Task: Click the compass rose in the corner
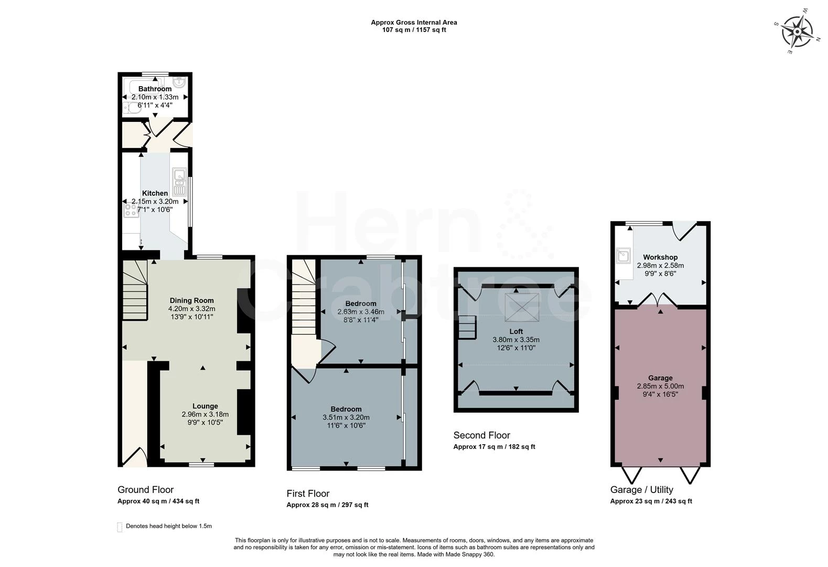(x=797, y=32)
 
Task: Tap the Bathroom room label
(x=155, y=89)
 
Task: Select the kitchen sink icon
(x=179, y=182)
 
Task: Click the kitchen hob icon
(x=130, y=211)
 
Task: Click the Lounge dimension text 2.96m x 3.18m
(x=205, y=414)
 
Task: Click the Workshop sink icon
(x=623, y=256)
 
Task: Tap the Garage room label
(x=660, y=378)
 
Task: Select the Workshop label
(x=660, y=257)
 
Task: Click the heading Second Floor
(x=481, y=435)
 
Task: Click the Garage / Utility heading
(x=641, y=490)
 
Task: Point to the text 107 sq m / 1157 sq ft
(x=414, y=30)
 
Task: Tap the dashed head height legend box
(x=120, y=527)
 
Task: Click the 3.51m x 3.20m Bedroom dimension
(x=346, y=417)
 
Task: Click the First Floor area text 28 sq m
(x=327, y=505)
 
